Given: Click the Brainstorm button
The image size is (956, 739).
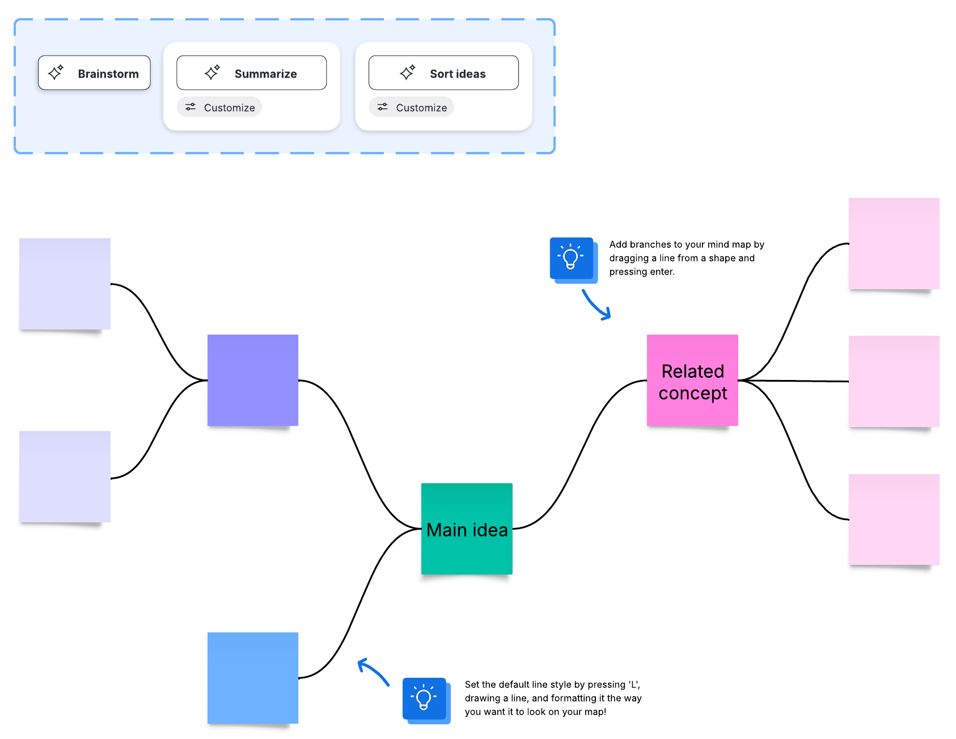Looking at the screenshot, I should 94,73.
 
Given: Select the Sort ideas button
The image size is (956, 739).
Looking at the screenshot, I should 443,73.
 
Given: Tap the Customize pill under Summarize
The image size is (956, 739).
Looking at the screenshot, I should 219,107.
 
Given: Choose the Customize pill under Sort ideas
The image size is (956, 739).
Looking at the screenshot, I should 412,107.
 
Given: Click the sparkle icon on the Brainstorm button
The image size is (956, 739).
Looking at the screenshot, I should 56,73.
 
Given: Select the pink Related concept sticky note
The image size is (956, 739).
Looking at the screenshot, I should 692,381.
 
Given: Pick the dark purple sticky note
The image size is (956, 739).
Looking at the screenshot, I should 253,380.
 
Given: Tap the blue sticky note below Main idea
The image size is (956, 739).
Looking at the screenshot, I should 253,678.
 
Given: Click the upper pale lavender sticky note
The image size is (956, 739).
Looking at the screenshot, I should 65,284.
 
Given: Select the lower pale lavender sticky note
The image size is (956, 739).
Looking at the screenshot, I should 65,476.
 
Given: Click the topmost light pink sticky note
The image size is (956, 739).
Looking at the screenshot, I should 894,243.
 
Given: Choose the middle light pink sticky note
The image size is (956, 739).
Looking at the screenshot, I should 894,381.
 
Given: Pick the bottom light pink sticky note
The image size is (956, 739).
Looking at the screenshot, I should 894,519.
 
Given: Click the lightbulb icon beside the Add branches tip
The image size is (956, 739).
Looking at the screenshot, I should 572,259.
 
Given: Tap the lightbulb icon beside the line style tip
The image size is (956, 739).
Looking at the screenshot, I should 424,699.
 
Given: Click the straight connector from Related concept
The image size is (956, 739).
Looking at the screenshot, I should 794,381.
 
